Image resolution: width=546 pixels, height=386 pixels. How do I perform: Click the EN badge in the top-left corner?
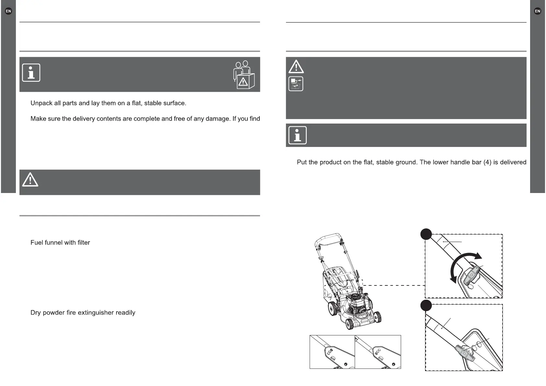(8, 11)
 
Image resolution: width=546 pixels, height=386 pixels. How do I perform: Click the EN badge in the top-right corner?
(537, 11)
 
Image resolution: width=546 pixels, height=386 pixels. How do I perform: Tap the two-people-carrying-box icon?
(244, 75)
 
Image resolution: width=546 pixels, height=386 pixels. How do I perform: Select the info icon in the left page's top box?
(31, 73)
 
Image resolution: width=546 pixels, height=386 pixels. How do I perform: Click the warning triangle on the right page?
(296, 67)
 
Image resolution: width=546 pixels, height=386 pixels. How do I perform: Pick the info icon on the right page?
(297, 135)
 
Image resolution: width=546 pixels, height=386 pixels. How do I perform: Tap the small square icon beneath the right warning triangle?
(296, 84)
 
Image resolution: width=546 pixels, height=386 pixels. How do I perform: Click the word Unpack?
(41, 103)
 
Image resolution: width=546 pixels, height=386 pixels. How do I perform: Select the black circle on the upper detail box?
(426, 234)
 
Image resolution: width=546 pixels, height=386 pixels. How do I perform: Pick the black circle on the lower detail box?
(426, 306)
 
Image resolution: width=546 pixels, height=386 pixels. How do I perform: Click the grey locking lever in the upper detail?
(472, 275)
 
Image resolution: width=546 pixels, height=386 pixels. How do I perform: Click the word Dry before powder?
(36, 313)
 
